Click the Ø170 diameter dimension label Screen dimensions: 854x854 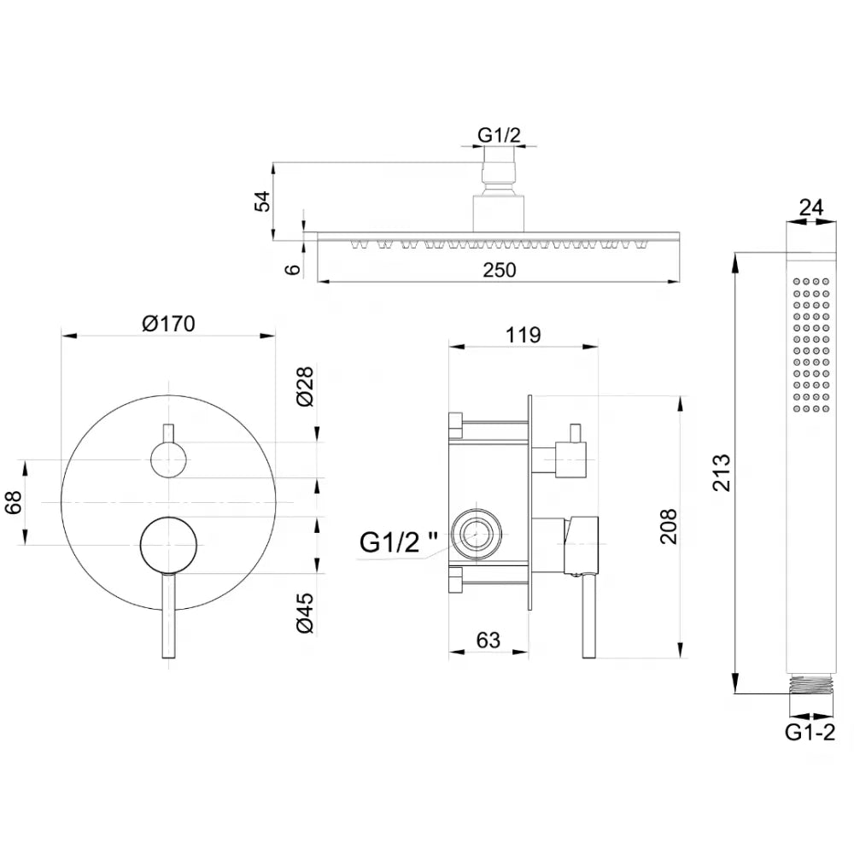168,324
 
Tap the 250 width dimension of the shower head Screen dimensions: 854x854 500,270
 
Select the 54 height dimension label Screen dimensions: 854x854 262,201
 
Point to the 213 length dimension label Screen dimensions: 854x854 722,473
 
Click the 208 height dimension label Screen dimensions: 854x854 668,526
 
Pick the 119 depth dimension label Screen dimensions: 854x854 523,335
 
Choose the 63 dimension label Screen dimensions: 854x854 488,640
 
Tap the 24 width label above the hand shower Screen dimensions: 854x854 811,207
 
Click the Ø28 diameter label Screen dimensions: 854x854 306,387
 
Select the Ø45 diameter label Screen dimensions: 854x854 306,613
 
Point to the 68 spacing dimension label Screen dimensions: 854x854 13,502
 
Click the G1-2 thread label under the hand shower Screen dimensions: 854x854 810,732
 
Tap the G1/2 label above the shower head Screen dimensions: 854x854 499,135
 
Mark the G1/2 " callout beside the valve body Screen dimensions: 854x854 399,542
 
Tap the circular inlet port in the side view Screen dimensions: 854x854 477,534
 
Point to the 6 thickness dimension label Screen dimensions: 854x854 294,269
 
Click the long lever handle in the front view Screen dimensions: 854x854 169,616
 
